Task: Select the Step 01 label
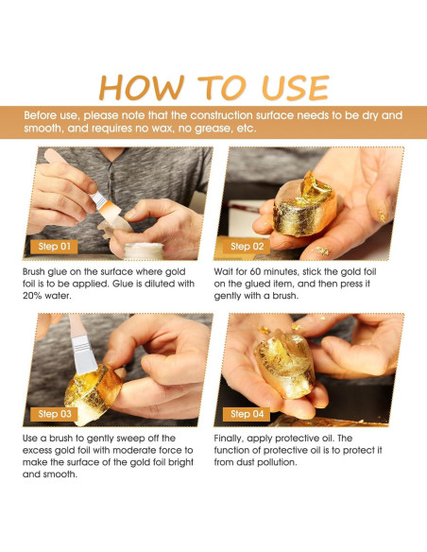54,247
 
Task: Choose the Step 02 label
247,247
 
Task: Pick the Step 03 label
54,414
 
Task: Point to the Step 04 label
247,414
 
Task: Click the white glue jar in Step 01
144,251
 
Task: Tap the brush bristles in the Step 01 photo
110,209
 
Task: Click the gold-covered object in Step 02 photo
305,204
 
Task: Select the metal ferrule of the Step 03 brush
83,354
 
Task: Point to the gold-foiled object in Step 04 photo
286,364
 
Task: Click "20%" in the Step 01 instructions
32,296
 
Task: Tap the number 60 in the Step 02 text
255,272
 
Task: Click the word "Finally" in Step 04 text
229,439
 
